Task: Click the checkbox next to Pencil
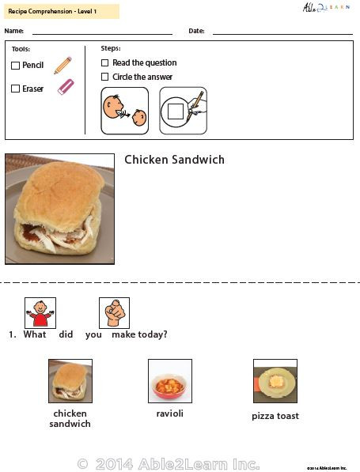click(x=15, y=66)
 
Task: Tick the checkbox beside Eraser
click(x=15, y=89)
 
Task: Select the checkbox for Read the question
click(x=105, y=62)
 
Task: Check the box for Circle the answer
click(x=105, y=77)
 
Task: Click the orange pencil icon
click(x=63, y=66)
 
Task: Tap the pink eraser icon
click(x=65, y=87)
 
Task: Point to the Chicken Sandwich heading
click(x=174, y=160)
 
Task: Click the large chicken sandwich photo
click(x=59, y=209)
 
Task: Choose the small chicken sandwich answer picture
click(x=70, y=381)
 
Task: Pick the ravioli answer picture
click(x=170, y=381)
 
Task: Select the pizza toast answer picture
click(x=275, y=381)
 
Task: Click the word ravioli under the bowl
click(x=170, y=413)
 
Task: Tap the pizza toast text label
click(x=275, y=416)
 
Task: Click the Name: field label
click(x=14, y=31)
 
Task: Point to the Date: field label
click(x=196, y=31)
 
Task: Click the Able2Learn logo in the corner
click(x=324, y=8)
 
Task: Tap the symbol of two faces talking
click(x=124, y=111)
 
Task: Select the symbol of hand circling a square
click(x=183, y=111)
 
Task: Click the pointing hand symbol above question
click(x=114, y=313)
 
